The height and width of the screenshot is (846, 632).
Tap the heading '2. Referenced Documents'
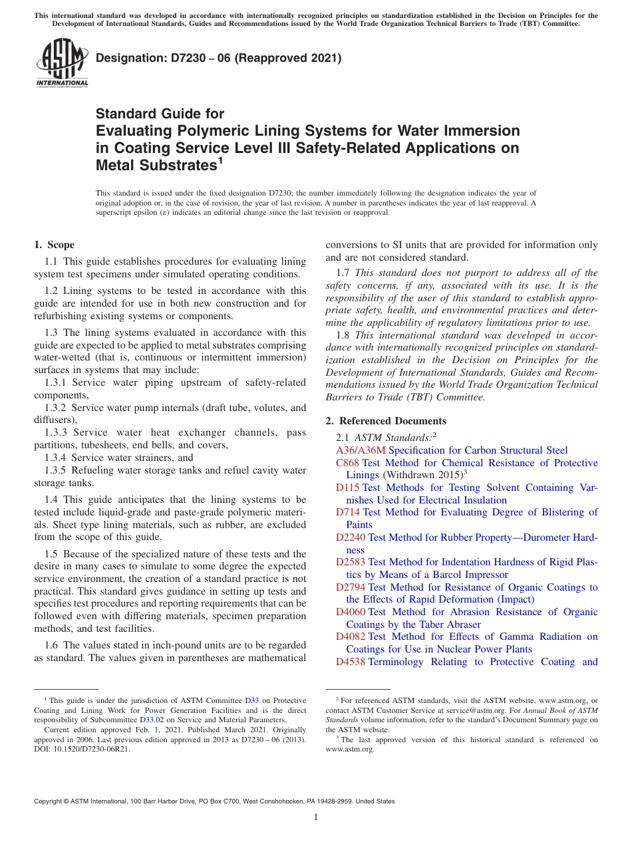click(386, 420)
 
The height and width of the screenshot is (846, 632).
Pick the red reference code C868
click(348, 463)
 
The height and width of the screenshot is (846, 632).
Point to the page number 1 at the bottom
click(316, 817)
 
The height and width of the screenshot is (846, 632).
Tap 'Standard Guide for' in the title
click(160, 114)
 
